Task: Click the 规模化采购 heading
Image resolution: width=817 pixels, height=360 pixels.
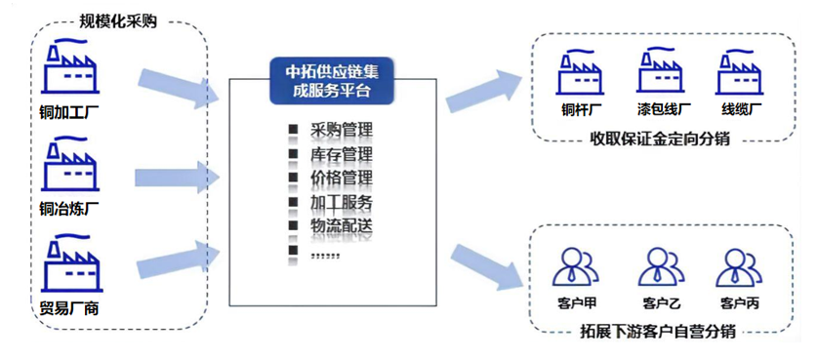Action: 118,20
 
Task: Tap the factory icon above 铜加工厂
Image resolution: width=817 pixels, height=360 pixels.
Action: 71,66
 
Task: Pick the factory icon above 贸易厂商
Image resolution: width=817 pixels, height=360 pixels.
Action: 71,267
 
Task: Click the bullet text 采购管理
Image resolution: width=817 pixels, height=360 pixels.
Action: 342,130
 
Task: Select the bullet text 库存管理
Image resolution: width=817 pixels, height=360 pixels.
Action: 342,155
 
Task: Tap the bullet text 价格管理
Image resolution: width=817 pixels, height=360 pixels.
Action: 342,179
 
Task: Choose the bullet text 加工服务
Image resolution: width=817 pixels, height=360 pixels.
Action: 342,203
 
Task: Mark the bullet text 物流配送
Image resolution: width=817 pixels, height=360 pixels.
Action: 342,226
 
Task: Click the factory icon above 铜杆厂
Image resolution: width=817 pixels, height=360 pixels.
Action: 581,70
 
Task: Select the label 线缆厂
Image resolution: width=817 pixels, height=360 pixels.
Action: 742,111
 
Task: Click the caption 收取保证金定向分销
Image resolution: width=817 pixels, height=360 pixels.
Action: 660,140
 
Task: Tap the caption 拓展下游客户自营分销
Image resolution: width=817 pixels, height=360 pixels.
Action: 658,332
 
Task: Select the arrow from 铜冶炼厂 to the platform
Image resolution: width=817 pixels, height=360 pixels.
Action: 177,179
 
